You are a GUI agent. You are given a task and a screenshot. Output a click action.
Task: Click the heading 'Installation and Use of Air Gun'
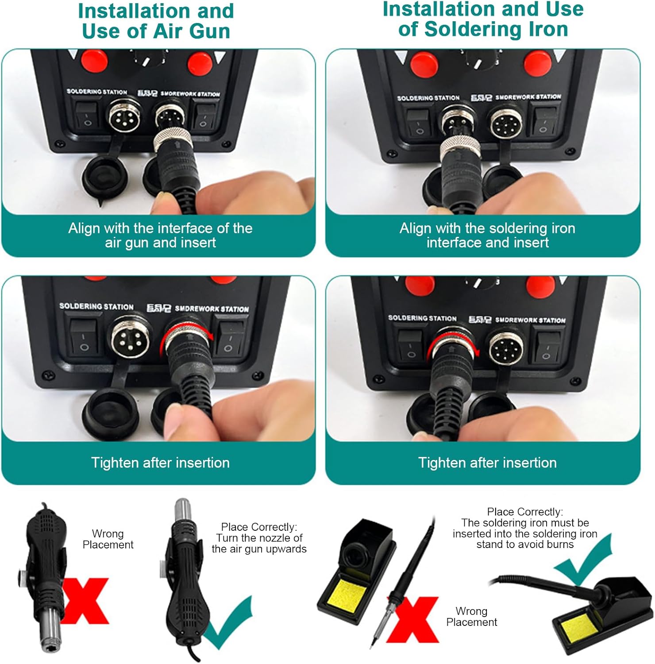coord(156,21)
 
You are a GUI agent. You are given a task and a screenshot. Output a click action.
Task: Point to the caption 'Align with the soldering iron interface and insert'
coord(487,235)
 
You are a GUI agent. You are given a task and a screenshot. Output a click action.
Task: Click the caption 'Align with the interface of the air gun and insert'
coord(160,235)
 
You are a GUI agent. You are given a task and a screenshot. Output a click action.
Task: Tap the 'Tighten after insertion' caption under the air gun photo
coord(160,463)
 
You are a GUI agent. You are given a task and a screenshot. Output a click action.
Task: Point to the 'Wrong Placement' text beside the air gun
coord(108,539)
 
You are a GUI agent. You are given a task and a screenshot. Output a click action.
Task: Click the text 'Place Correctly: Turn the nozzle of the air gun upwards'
coord(259,538)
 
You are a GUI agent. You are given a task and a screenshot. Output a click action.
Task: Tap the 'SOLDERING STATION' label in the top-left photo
coord(96,92)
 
